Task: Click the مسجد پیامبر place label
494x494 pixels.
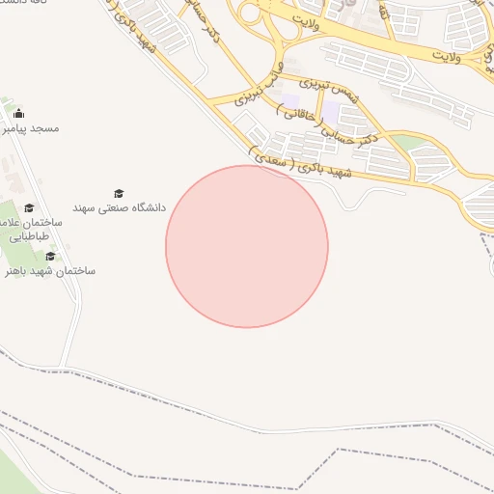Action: coord(32,128)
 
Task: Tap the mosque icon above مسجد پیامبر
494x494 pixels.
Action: coord(19,114)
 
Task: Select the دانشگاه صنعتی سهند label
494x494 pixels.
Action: coord(120,207)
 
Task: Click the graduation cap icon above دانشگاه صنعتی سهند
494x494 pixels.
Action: coord(119,193)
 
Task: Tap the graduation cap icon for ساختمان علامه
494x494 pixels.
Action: coord(29,207)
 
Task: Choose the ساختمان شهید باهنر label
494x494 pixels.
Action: coord(50,271)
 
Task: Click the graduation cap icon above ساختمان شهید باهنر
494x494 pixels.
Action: coord(50,256)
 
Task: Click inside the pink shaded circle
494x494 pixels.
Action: coord(247,247)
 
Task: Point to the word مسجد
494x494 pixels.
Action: coord(45,128)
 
